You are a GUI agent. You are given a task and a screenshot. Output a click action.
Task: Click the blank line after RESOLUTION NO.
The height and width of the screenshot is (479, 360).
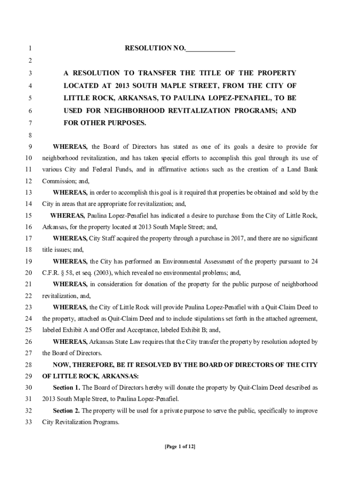[210, 49]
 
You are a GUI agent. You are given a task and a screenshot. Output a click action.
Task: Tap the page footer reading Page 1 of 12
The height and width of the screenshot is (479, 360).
[180, 447]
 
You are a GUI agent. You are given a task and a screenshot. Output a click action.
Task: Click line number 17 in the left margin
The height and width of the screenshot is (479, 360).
[29, 238]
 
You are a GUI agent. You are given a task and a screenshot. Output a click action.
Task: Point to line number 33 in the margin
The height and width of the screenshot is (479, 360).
[29, 421]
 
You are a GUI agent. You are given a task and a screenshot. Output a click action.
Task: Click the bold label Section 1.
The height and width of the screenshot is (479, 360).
[66, 387]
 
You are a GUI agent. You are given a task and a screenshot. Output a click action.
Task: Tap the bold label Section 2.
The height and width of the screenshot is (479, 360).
[66, 411]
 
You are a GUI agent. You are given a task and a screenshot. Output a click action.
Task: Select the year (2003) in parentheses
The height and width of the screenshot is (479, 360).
[99, 273]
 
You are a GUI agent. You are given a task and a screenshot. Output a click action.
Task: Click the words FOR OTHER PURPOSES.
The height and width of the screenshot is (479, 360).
[105, 123]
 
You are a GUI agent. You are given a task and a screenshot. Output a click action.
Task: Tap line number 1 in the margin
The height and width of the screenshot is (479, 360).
[29, 49]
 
